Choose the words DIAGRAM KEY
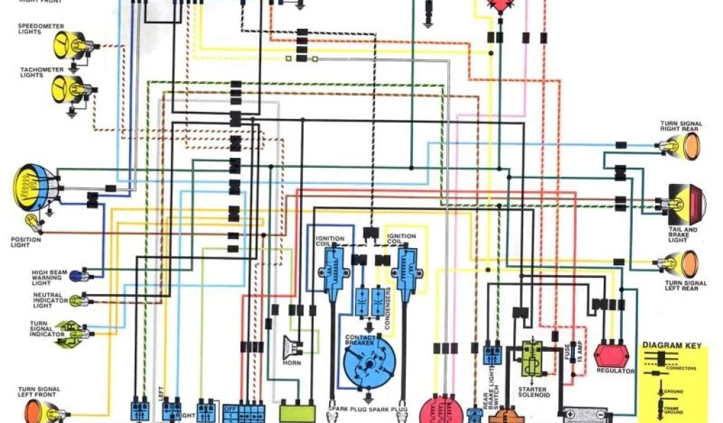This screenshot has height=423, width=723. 674,346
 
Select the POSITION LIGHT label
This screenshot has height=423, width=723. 26,243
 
